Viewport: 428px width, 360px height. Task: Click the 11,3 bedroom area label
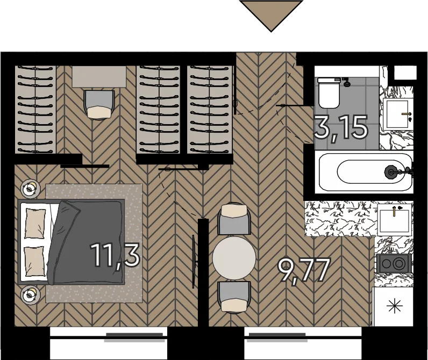(x=116, y=256)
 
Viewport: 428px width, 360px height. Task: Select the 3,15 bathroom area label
(x=341, y=128)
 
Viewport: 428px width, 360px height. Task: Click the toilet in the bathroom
(x=329, y=93)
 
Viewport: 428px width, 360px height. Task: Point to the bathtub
(x=366, y=172)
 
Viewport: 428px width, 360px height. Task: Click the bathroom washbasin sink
(x=396, y=114)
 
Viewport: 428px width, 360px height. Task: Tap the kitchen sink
(x=395, y=220)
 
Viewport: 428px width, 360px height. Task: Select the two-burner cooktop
(x=394, y=263)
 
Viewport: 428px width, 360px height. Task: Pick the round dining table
(x=234, y=258)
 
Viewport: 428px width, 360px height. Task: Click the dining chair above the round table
(x=234, y=219)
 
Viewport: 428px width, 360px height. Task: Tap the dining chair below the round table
(x=234, y=297)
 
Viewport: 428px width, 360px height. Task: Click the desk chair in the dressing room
(x=99, y=105)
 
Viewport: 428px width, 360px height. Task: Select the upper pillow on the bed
(x=35, y=224)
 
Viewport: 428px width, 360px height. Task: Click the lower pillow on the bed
(x=34, y=261)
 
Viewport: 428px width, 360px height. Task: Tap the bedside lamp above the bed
(x=30, y=189)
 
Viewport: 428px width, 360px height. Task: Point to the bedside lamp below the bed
(x=30, y=294)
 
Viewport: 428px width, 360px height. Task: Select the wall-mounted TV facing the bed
(x=194, y=262)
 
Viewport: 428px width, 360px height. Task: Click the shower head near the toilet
(x=347, y=83)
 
